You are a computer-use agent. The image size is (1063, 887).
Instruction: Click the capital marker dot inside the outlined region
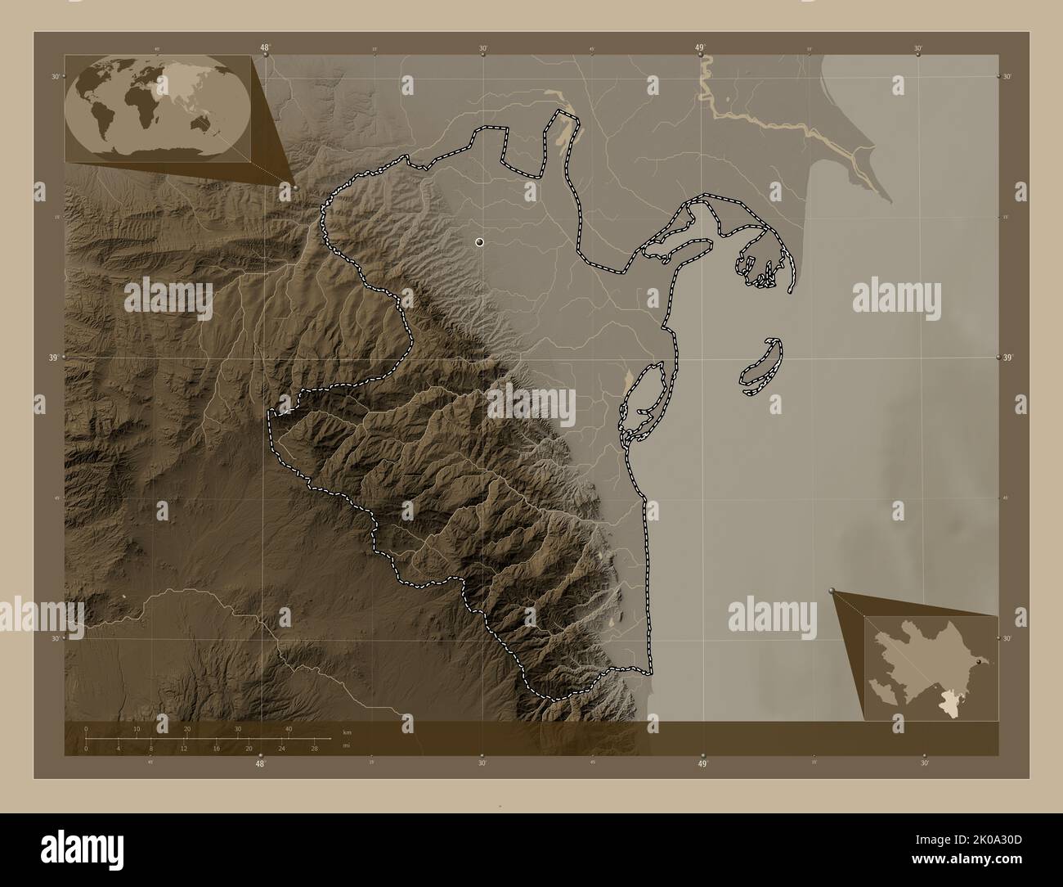pyautogui.click(x=479, y=241)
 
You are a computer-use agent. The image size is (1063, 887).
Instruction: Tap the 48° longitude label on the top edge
pyautogui.click(x=265, y=48)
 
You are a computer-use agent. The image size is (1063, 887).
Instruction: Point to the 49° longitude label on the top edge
pyautogui.click(x=701, y=48)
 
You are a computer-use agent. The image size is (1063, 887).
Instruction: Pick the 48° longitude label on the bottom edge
pyautogui.click(x=260, y=764)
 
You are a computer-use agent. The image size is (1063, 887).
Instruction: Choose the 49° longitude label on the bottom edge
pyautogui.click(x=702, y=764)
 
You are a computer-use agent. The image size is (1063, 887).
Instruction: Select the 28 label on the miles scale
pyautogui.click(x=314, y=747)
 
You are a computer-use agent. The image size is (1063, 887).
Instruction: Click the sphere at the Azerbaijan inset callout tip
pyautogui.click(x=833, y=590)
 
